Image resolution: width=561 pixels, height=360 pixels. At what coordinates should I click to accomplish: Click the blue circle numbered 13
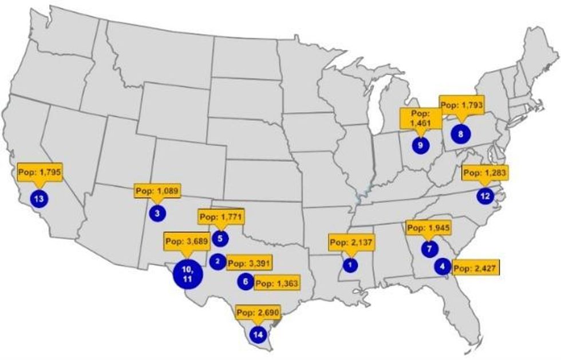39,199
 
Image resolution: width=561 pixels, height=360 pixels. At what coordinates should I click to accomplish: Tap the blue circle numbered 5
220,238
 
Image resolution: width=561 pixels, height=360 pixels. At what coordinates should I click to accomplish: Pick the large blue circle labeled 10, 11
187,274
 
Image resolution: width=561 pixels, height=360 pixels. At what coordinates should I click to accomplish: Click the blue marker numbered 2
218,262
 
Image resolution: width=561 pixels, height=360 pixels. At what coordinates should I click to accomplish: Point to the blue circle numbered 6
245,282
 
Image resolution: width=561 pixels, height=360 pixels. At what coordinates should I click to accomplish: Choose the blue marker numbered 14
258,334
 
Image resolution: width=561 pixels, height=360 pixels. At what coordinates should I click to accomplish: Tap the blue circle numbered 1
350,265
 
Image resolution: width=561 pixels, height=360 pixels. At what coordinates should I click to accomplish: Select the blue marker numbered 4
442,266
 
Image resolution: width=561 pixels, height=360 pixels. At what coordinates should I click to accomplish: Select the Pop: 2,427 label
476,267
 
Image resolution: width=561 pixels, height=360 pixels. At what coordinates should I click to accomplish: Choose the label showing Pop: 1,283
485,172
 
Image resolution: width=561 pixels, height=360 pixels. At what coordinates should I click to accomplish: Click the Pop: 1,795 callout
39,172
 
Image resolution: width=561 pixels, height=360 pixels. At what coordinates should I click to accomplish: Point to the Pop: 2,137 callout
351,242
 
